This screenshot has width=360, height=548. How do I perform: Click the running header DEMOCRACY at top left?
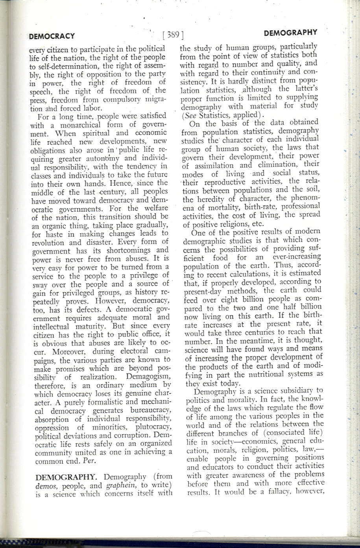click(52, 36)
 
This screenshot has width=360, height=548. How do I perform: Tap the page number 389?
click(173, 35)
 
